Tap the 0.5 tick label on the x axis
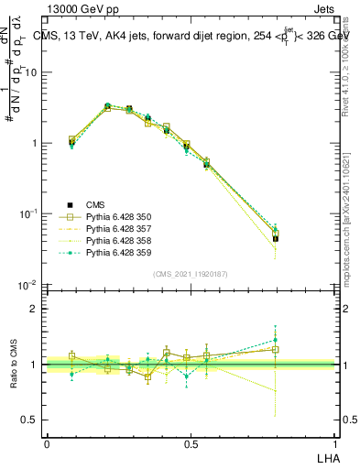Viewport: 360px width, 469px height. [191, 443]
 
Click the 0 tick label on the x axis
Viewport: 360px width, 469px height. [47, 443]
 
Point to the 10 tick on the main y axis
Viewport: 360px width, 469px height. [34, 72]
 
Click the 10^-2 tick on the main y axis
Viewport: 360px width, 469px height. [31, 285]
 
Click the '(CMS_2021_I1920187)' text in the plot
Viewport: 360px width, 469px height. [191, 274]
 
